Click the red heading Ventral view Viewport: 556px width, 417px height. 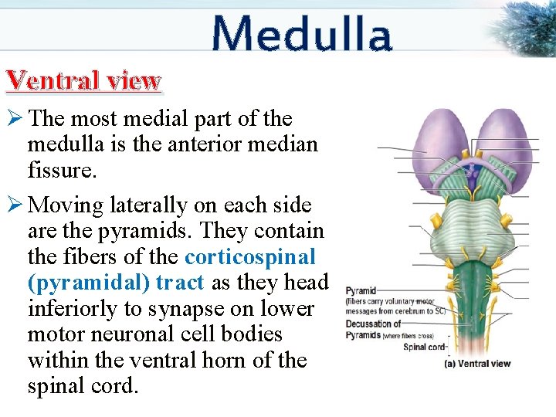click(83, 80)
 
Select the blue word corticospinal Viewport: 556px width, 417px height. click(250, 257)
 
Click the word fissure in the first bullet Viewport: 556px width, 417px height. click(62, 170)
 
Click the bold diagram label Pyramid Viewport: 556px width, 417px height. click(361, 292)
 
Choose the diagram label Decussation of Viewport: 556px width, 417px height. click(374, 324)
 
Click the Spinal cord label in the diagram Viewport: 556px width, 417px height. click(425, 347)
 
